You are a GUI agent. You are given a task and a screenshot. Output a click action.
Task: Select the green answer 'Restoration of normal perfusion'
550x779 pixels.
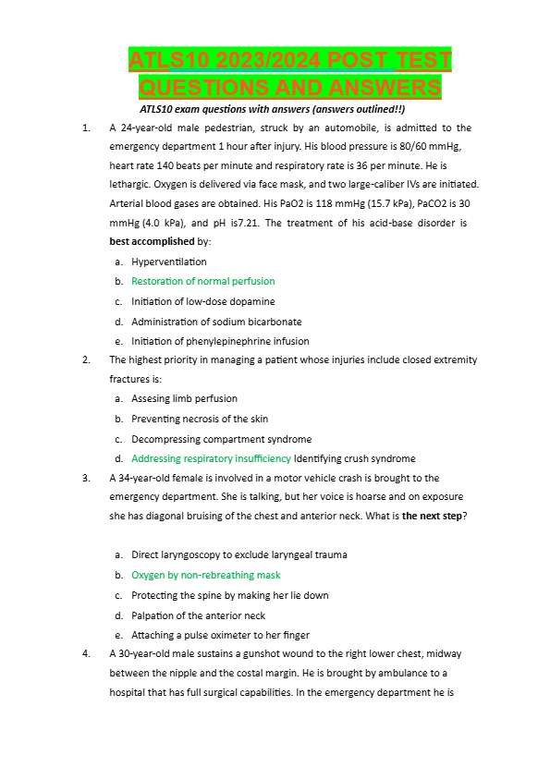[202, 281]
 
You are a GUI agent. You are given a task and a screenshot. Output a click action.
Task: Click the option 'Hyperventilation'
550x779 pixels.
[169, 262]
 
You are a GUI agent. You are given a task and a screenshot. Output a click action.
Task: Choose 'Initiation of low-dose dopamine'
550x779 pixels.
[202, 301]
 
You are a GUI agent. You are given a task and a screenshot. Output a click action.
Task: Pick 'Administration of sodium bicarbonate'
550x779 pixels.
[216, 322]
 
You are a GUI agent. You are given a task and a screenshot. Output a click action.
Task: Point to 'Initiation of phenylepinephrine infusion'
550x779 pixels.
[220, 341]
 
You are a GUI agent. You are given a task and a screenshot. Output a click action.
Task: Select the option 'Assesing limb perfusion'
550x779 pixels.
[184, 398]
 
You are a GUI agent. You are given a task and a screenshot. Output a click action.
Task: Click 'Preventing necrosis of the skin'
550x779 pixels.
[200, 419]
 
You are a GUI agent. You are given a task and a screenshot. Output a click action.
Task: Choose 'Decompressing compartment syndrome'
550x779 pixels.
[221, 439]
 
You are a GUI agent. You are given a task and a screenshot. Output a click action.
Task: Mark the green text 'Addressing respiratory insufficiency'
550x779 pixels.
[211, 458]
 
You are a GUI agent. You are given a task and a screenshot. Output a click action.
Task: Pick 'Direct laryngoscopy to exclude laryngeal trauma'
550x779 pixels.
[239, 554]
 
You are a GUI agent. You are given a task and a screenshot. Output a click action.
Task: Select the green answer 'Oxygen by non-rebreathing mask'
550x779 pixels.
[205, 575]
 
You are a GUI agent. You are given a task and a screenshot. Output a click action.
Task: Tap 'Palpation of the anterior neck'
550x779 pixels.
[198, 615]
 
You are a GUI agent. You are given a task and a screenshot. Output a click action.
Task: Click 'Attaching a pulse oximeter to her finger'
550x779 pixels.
[220, 635]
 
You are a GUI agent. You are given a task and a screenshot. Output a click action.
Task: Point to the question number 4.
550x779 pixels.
[86, 653]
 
